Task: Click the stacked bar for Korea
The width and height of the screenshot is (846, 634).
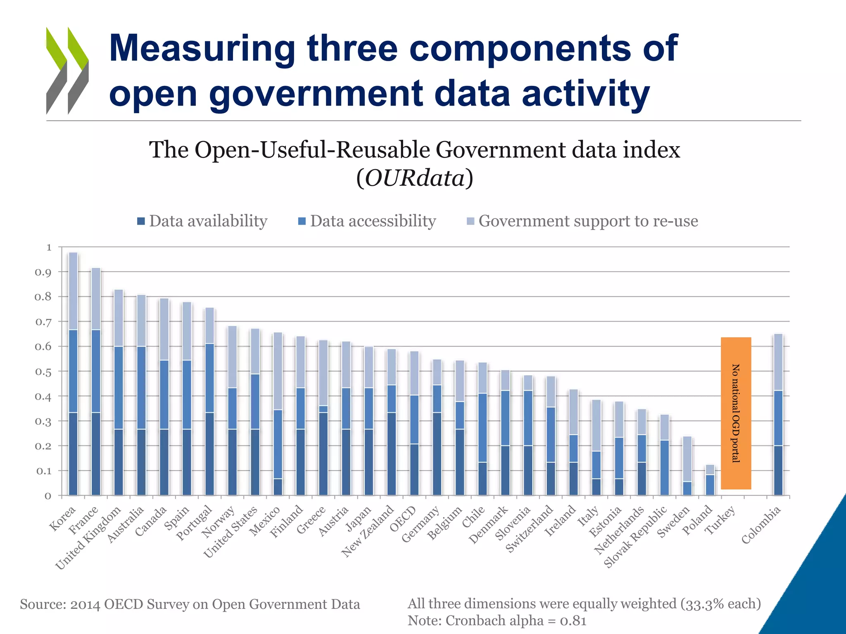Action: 73,374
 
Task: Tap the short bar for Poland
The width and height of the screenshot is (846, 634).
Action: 710,480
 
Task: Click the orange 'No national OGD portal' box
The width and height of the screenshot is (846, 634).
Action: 736,413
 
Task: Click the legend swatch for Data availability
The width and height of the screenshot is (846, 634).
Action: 141,222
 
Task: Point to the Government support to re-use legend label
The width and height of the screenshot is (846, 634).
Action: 588,221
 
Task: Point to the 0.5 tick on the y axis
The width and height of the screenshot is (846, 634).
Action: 43,371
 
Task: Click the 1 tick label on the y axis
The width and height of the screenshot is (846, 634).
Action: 49,247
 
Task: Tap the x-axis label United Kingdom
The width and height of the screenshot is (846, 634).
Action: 88,538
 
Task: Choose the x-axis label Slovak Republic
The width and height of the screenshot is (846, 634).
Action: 635,537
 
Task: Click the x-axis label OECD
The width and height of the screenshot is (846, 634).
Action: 403,519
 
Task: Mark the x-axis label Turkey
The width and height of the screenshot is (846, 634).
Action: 720,520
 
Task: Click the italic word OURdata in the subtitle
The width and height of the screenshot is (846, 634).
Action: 414,178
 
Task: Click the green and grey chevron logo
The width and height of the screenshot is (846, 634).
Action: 67,71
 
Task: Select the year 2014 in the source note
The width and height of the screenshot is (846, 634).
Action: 85,604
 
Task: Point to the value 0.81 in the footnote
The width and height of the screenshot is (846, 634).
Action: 573,621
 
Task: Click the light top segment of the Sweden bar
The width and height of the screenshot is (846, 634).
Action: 687,459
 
